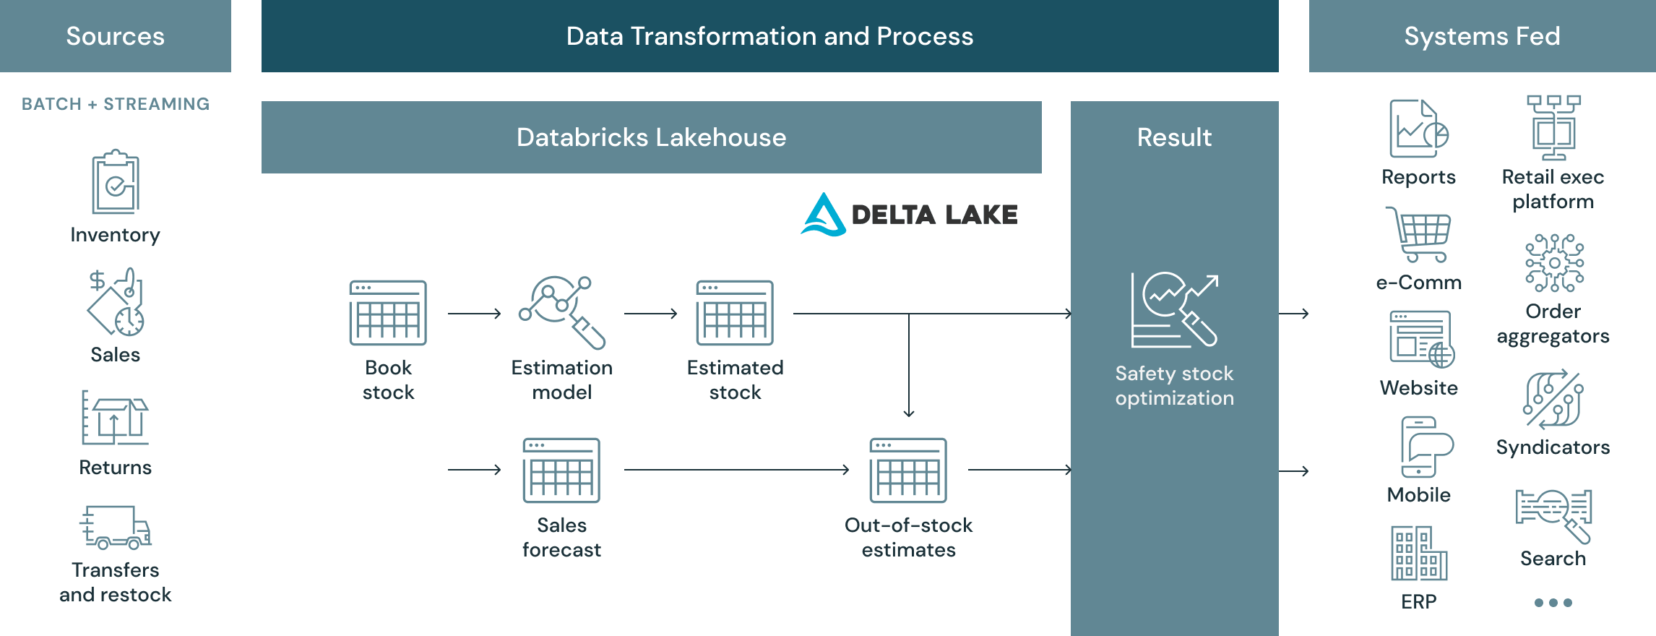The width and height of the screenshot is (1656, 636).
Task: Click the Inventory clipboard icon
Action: tap(116, 182)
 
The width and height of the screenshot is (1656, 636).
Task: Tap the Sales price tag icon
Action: tap(116, 302)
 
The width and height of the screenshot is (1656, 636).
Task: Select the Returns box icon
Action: tap(115, 418)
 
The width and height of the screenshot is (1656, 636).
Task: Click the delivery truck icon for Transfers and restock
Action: tap(116, 528)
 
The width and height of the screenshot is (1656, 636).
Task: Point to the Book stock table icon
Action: tap(388, 313)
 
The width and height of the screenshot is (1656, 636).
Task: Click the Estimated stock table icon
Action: tap(735, 313)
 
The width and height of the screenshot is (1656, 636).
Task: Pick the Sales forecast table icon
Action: tap(561, 470)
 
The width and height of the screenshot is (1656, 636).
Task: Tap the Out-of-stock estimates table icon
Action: tap(908, 470)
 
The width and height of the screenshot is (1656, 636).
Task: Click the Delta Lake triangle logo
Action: tap(824, 215)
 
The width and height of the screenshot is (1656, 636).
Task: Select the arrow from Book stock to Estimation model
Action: tap(474, 314)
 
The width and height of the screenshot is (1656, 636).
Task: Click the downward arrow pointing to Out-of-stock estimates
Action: tap(909, 365)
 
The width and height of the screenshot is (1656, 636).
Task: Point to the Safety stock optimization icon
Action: tap(1174, 310)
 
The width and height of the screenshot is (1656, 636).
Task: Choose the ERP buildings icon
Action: tap(1419, 554)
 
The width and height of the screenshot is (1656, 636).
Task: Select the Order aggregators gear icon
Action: tap(1554, 262)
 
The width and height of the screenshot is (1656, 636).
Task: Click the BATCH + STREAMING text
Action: tap(116, 104)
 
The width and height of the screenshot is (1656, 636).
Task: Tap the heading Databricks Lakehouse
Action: tap(651, 137)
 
